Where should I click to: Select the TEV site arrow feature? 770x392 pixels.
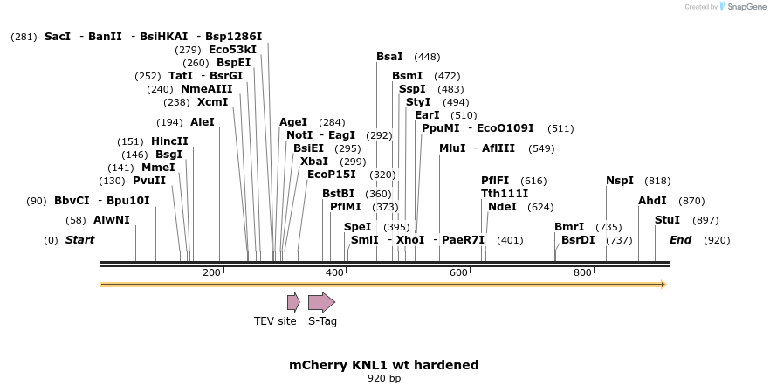click(293, 302)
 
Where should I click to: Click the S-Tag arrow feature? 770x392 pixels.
click(321, 302)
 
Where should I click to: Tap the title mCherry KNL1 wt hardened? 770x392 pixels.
click(384, 364)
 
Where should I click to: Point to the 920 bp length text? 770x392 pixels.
click(384, 379)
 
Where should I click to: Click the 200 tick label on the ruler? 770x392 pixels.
click(211, 273)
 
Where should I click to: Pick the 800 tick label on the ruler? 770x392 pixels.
click(582, 273)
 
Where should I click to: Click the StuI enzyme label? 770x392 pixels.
click(667, 220)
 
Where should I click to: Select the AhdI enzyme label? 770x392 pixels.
click(652, 201)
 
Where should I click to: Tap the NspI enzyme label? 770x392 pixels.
click(620, 181)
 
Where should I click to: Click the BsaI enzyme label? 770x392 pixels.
click(389, 57)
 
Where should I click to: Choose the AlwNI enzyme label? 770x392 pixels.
click(112, 220)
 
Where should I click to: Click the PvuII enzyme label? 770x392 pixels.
click(149, 181)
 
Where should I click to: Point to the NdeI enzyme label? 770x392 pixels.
click(502, 207)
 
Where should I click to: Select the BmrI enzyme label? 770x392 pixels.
click(569, 227)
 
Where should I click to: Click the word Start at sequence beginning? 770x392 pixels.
click(79, 240)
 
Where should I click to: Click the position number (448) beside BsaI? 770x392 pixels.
click(427, 57)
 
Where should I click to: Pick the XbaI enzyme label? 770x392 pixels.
click(314, 162)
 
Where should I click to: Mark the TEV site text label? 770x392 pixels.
click(275, 321)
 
